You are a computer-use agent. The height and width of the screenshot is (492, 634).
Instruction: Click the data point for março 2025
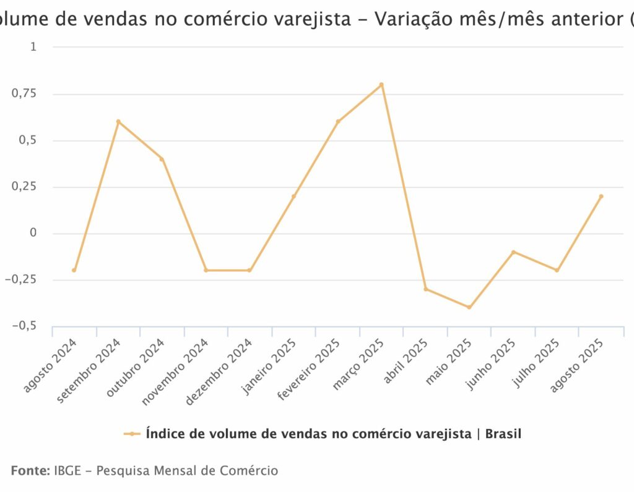[x=381, y=85]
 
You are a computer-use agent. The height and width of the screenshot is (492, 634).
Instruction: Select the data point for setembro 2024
[x=118, y=122]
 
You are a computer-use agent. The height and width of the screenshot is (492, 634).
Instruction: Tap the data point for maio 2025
[x=469, y=307]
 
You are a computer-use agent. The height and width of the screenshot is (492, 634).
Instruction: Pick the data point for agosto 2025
[x=601, y=197]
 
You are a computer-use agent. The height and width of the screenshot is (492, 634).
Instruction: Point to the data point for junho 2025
[x=513, y=252]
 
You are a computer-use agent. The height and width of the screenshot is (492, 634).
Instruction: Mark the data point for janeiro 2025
[x=293, y=197]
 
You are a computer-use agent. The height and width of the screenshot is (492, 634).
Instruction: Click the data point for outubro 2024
[x=162, y=159]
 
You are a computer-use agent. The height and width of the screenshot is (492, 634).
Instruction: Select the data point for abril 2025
[x=425, y=289]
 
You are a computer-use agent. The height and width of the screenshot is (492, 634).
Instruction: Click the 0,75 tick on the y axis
[x=24, y=94]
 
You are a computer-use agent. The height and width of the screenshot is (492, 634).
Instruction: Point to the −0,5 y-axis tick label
[x=23, y=326]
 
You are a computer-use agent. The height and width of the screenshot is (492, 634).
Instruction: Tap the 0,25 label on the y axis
[x=24, y=187]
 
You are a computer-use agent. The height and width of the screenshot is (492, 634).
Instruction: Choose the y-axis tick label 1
[x=33, y=48]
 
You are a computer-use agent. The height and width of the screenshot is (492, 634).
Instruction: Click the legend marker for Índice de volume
[x=131, y=434]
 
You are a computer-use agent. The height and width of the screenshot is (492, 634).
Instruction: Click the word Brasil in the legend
[x=503, y=434]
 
